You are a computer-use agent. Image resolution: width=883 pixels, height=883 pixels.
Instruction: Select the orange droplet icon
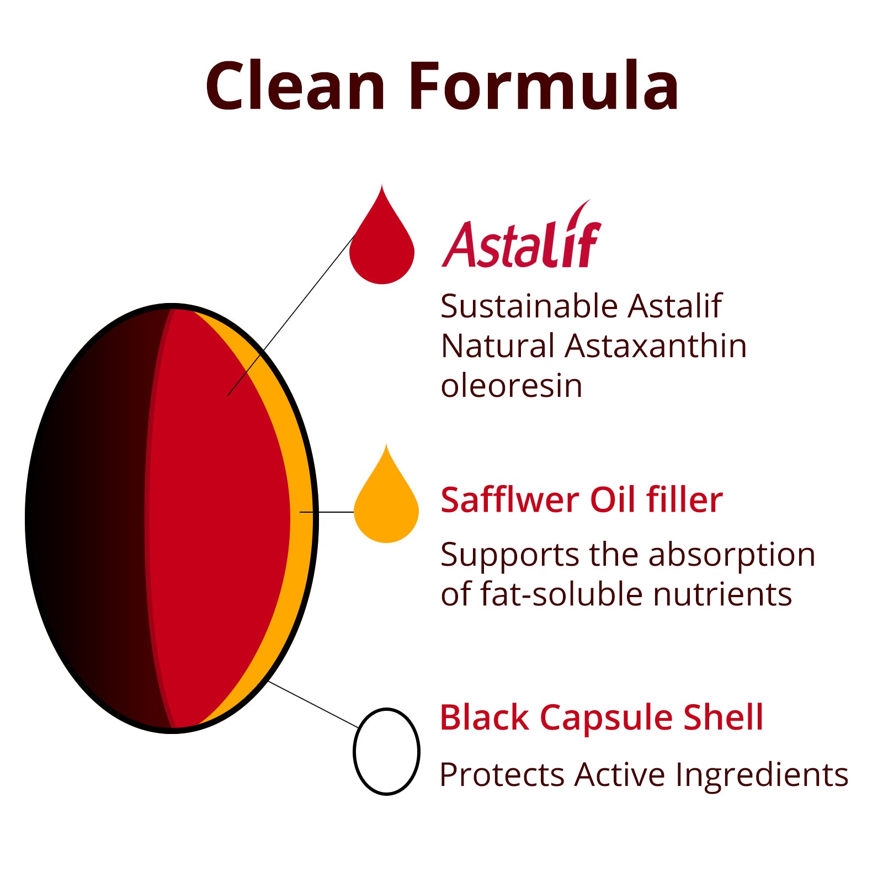click(386, 496)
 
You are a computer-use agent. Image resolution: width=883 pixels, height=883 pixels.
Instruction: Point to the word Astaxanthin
click(656, 346)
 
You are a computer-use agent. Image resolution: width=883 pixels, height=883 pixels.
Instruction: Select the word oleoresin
click(512, 385)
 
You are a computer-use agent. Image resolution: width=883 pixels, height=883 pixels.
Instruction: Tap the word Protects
click(502, 775)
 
